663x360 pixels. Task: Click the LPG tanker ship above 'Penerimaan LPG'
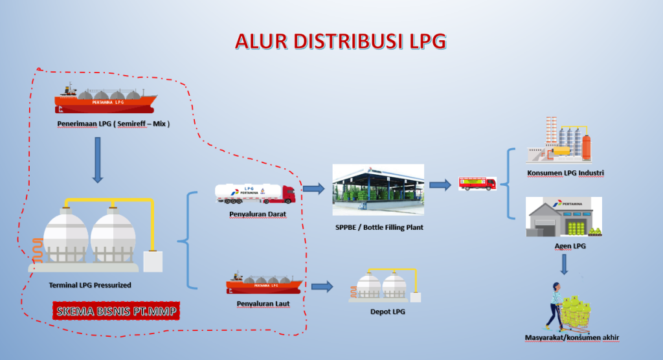105,98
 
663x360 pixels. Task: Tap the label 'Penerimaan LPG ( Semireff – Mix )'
113,123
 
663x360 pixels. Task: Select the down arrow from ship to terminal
97,159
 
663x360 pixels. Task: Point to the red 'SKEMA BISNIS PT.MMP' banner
116,311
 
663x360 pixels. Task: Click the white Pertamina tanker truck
255,192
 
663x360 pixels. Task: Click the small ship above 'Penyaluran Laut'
263,283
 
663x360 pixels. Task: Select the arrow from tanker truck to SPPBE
313,188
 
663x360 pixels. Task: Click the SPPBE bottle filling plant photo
378,190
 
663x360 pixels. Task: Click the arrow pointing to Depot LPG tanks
322,286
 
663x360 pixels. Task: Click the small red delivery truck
477,183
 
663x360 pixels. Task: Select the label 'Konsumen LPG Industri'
566,173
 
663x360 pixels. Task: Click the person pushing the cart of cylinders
556,305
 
